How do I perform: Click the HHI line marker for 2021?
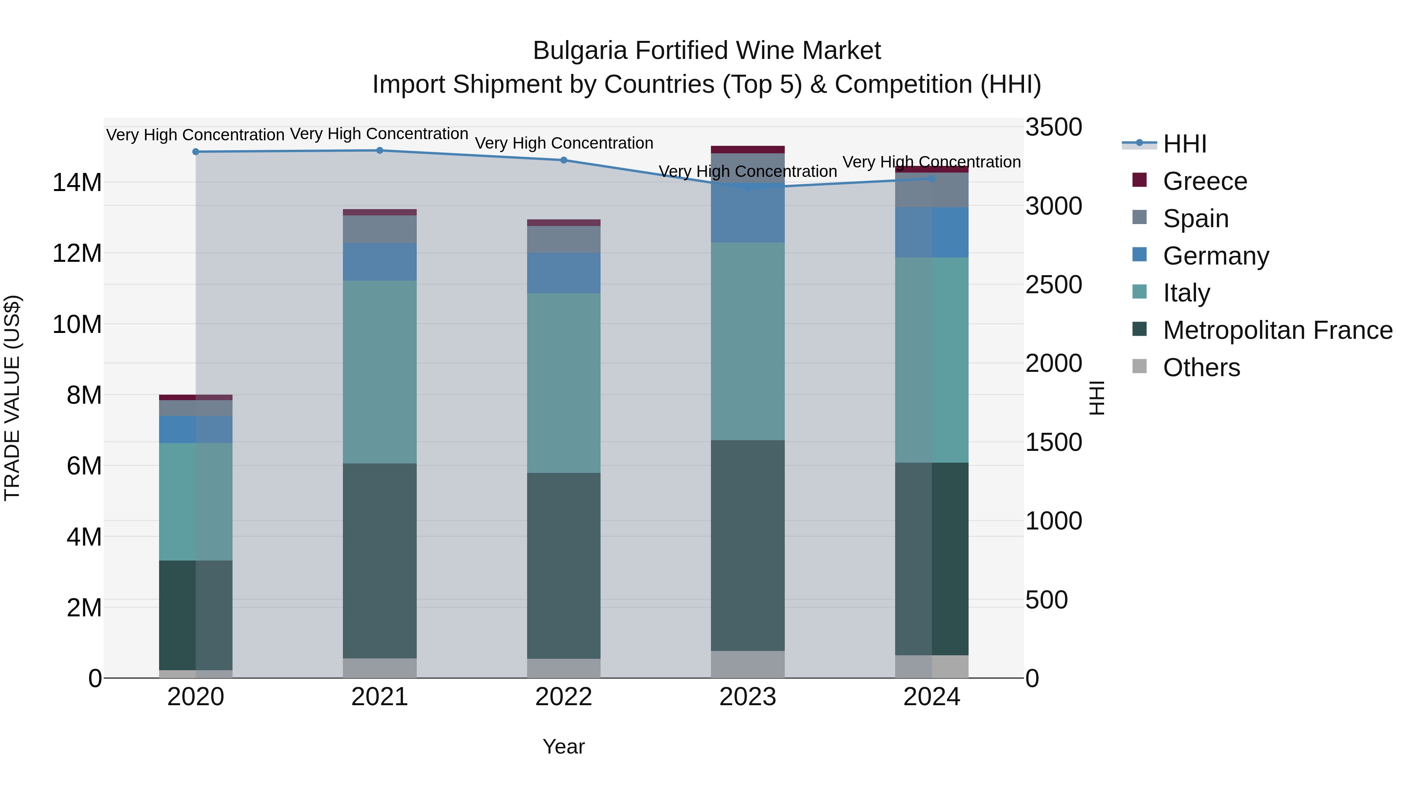379,151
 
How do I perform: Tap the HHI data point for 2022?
564,160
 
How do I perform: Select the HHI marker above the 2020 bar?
196,152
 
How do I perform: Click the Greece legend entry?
1205,181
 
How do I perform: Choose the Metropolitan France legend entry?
1277,330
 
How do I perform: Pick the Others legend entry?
1201,368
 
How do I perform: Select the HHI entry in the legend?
1185,144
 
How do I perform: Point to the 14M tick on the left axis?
77,182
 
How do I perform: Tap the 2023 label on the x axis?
747,697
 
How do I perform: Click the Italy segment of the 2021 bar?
379,372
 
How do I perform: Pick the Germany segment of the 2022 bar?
564,273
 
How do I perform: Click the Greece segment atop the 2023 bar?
747,149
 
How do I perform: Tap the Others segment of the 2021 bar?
379,668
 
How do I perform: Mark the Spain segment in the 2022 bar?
564,239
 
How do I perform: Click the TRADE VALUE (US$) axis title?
12,398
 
